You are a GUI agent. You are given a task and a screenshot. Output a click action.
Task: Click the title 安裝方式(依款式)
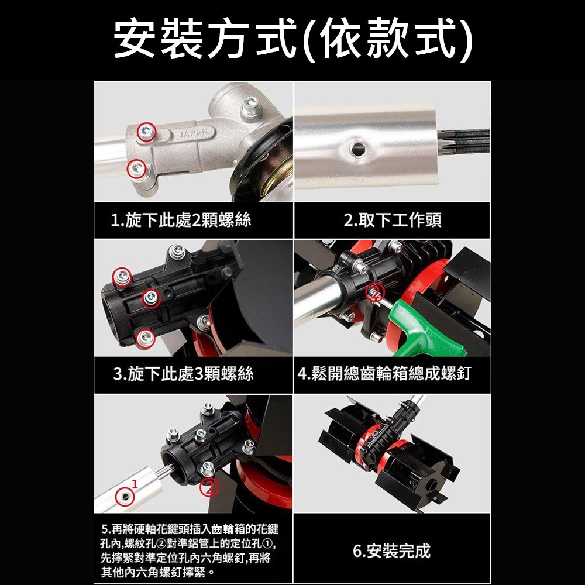point(292,39)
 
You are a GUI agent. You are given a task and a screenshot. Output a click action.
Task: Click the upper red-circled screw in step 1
point(146,132)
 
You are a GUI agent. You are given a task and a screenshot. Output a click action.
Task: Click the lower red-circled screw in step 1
point(136,168)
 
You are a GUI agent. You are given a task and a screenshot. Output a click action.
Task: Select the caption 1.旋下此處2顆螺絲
point(181,221)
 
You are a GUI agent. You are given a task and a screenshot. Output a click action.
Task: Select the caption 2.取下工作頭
point(392,221)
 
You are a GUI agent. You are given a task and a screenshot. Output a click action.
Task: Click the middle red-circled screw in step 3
point(150,298)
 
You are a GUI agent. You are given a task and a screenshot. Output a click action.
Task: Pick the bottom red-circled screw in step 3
point(144,337)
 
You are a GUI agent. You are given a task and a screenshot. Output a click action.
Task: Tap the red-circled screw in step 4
point(374,293)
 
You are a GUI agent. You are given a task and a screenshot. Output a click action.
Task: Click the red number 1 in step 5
point(135,483)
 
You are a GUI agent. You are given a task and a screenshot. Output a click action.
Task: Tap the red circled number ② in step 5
point(211,487)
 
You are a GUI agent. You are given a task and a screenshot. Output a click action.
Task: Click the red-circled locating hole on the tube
point(124,496)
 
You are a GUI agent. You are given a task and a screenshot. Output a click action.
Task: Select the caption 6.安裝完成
point(391,550)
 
